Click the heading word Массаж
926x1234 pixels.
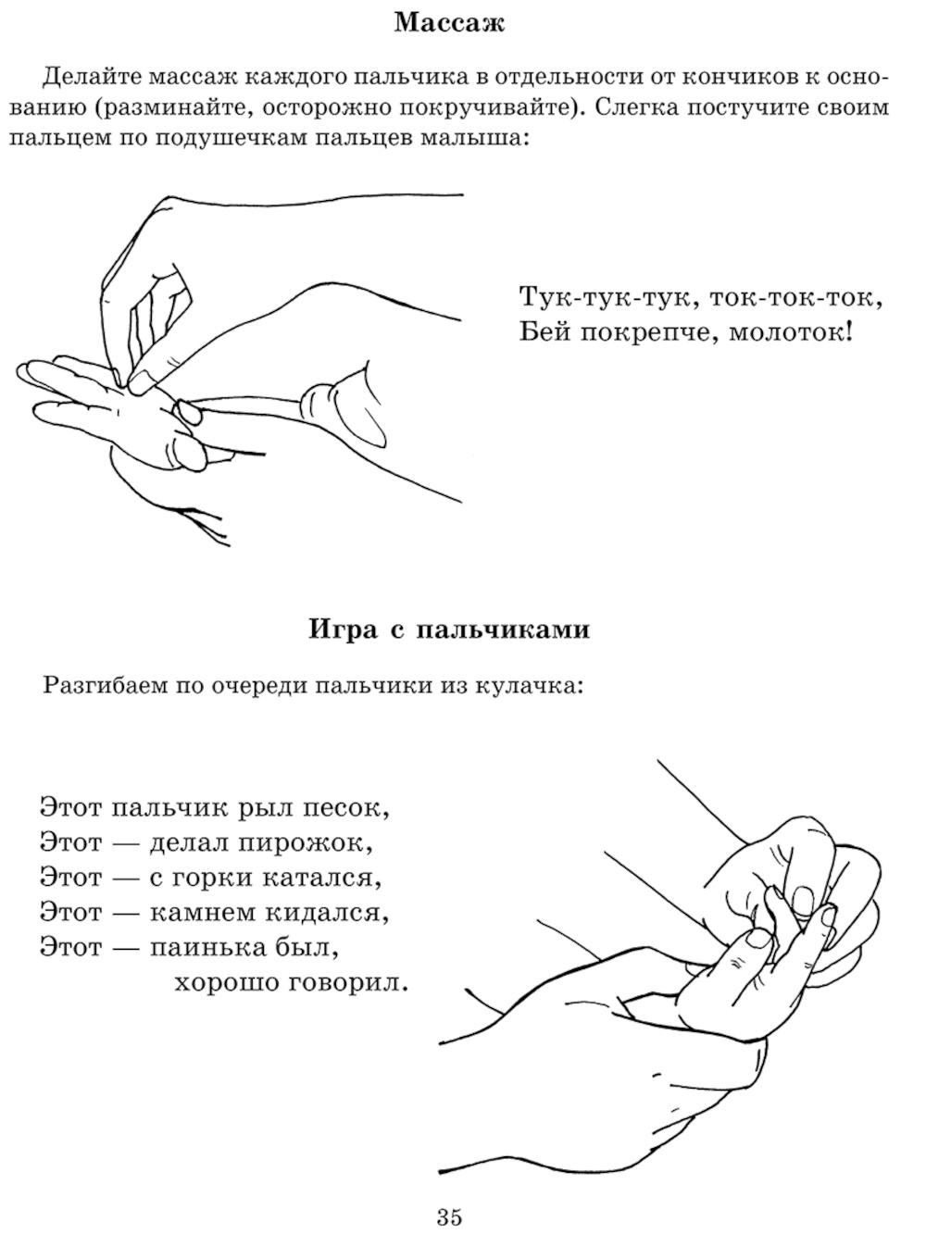click(450, 25)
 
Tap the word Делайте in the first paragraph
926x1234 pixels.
click(93, 77)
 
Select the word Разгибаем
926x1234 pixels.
click(106, 687)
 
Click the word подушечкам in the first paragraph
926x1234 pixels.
click(231, 138)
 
